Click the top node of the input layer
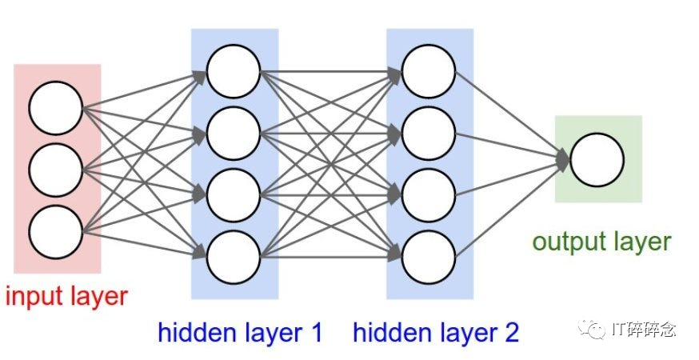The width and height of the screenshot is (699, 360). pyautogui.click(x=56, y=108)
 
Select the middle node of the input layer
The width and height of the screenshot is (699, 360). pyautogui.click(x=56, y=170)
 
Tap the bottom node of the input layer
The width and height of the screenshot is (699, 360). pyautogui.click(x=56, y=232)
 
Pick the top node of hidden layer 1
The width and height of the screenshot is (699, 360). pyautogui.click(x=234, y=71)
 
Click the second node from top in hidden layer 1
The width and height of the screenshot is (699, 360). pyautogui.click(x=234, y=133)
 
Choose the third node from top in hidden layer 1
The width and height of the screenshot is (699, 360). pyautogui.click(x=234, y=195)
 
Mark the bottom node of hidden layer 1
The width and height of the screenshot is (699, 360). pyautogui.click(x=234, y=257)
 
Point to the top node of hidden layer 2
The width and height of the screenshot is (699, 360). pyautogui.click(x=429, y=71)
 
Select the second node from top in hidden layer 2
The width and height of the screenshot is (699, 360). pyautogui.click(x=429, y=133)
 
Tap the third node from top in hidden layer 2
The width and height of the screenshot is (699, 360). pyautogui.click(x=429, y=195)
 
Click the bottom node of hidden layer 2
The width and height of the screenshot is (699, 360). pyautogui.click(x=429, y=257)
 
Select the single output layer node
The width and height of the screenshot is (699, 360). pyautogui.click(x=597, y=160)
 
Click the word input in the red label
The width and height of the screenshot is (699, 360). pyautogui.click(x=34, y=297)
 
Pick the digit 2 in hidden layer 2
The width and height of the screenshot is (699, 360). pyautogui.click(x=510, y=332)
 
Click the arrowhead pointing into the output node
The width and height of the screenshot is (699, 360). pyautogui.click(x=564, y=160)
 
